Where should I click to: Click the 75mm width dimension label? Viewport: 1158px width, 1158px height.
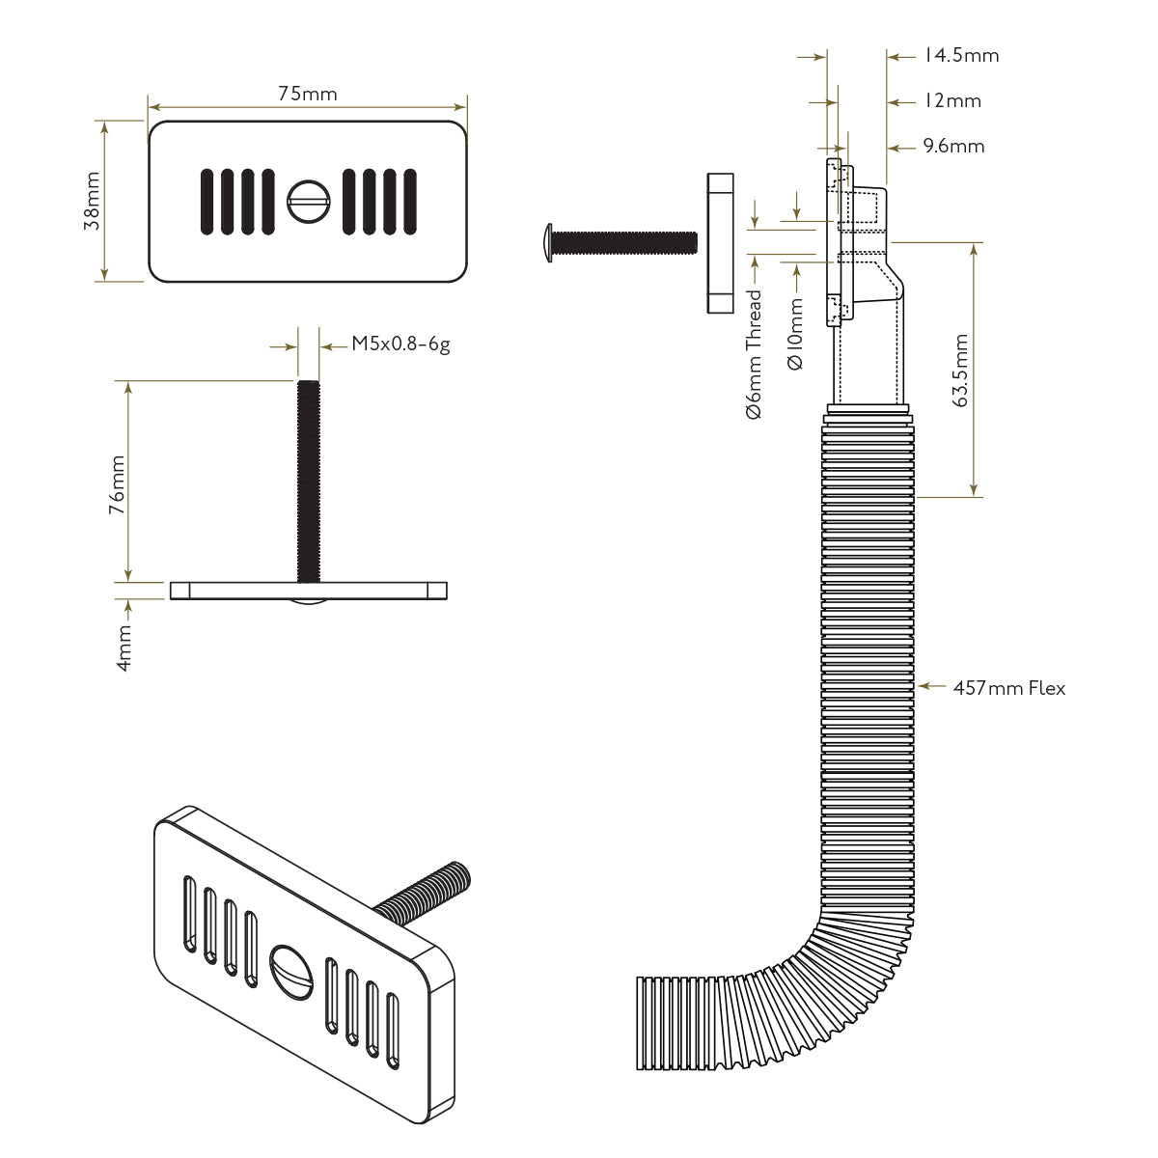[x=307, y=94]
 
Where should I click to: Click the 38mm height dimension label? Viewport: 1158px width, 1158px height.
[x=93, y=201]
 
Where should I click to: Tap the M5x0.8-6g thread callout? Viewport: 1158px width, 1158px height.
[x=400, y=345]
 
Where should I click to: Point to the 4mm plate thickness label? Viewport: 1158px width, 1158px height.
[x=124, y=648]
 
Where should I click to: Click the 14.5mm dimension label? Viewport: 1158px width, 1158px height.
[x=961, y=56]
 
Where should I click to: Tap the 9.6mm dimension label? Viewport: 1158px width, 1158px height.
[x=953, y=147]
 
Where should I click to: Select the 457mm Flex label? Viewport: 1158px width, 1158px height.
[x=1009, y=688]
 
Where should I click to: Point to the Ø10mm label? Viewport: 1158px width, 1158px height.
[x=796, y=334]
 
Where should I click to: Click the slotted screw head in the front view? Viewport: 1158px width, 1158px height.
[x=308, y=202]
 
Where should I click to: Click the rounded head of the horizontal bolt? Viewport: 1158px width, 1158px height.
[x=547, y=243]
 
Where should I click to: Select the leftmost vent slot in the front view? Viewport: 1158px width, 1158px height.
[x=207, y=202]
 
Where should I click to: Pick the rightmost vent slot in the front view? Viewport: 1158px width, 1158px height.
[x=410, y=202]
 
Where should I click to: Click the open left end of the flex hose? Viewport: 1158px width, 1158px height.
[x=641, y=1023]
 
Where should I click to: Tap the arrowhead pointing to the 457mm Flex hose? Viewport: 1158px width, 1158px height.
[x=924, y=686]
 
